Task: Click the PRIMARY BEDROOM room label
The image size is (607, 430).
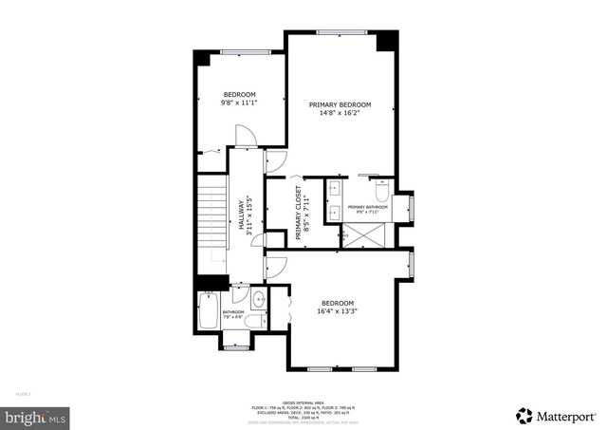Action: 340,104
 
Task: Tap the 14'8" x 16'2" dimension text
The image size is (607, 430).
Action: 340,113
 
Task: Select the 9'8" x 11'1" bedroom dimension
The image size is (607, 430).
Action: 239,103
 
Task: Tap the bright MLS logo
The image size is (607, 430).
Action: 35,416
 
